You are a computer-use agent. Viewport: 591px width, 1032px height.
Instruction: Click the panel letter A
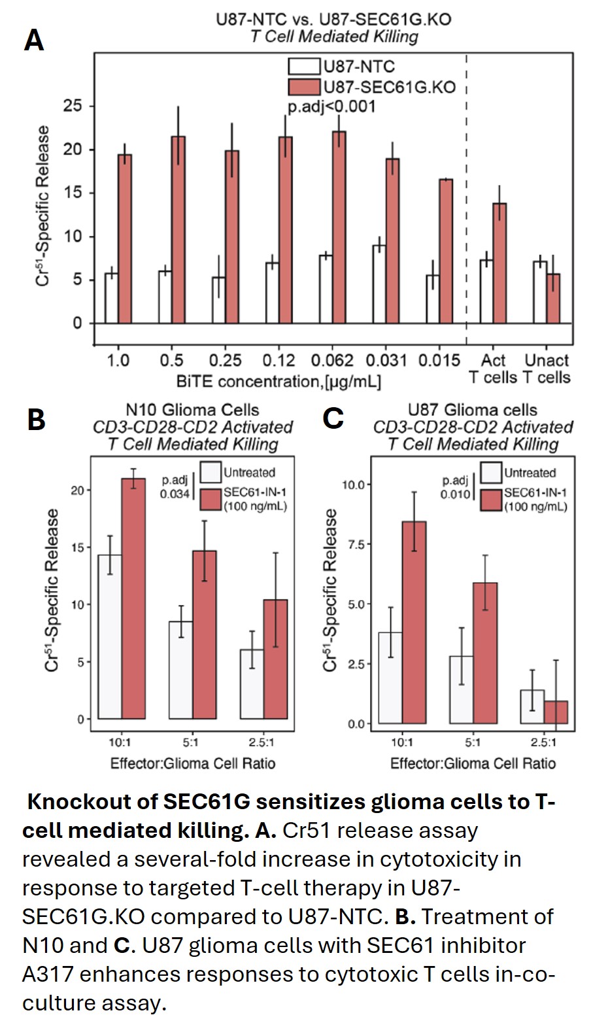tap(34, 40)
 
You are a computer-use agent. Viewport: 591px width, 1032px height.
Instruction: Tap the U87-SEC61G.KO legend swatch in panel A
tap(304, 87)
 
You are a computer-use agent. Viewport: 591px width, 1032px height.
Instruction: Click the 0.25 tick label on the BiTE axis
tap(225, 360)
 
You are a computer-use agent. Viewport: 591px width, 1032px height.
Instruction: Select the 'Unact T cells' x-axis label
tap(547, 369)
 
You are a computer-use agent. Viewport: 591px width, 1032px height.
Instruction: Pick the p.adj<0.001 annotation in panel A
tap(331, 107)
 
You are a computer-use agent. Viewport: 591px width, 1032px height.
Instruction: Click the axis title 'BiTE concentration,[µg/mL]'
tap(279, 380)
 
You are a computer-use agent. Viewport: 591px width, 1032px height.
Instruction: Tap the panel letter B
tap(36, 419)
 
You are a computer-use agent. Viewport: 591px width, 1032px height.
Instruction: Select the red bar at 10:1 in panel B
tap(133, 598)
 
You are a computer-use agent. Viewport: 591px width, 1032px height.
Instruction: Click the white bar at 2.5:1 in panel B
tap(252, 684)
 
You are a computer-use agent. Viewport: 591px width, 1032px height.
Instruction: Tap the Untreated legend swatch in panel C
tap(491, 473)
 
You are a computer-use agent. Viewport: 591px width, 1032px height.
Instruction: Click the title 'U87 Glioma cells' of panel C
tap(472, 410)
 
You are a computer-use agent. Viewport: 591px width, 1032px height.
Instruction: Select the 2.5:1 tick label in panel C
tap(543, 742)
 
